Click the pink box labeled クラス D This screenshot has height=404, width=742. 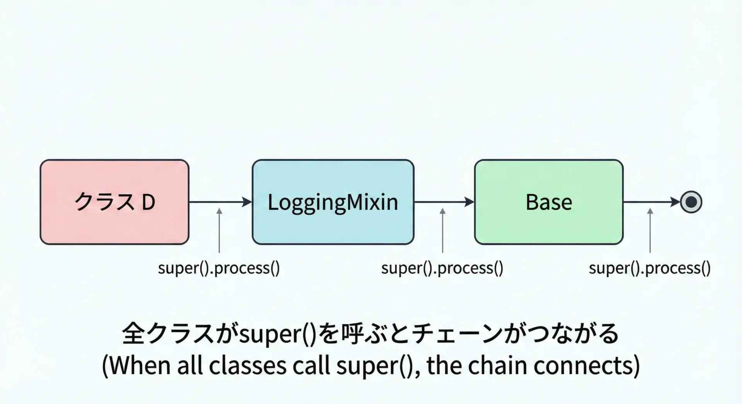tap(114, 202)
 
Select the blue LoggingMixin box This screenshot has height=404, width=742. tap(333, 202)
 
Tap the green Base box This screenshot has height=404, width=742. tap(549, 202)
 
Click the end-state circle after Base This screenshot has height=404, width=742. tap(691, 202)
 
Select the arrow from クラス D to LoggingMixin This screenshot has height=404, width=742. tap(220, 202)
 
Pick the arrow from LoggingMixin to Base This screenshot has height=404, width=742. tap(444, 202)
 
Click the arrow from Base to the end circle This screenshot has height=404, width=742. tap(652, 202)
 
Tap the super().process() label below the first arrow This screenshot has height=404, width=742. tap(219, 268)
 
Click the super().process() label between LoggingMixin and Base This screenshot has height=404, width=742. tap(442, 268)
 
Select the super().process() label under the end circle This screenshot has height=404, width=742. tap(650, 268)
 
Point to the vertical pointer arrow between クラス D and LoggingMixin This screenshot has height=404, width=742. tap(219, 230)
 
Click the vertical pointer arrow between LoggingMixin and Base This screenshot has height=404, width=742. tap(442, 230)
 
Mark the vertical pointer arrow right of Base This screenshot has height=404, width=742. tap(650, 230)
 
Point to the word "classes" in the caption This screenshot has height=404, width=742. tap(248, 365)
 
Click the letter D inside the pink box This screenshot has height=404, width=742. tap(148, 202)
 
